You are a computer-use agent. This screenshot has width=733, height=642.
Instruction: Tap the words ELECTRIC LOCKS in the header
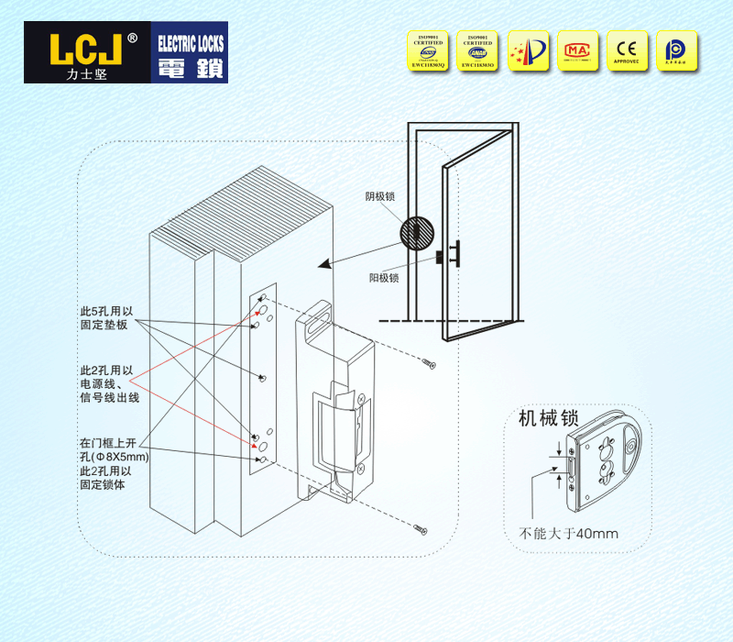pyautogui.click(x=191, y=43)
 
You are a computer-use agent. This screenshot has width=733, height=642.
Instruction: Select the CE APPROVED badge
pyautogui.click(x=627, y=50)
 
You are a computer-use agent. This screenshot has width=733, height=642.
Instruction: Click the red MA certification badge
pyautogui.click(x=576, y=50)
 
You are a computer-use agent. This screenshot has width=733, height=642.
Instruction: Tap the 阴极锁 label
pyautogui.click(x=379, y=196)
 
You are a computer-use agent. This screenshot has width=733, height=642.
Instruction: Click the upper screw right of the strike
pyautogui.click(x=428, y=364)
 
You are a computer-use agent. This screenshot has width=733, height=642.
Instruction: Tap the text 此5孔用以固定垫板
pyautogui.click(x=106, y=318)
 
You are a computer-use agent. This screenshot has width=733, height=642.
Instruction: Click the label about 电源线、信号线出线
pyautogui.click(x=106, y=384)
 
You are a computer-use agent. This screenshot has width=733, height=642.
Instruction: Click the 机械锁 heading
pyautogui.click(x=548, y=417)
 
